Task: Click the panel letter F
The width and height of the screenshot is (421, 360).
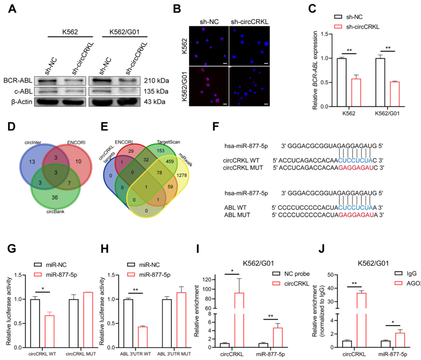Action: coord(215,126)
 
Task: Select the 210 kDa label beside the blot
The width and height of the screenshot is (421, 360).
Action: coord(156,80)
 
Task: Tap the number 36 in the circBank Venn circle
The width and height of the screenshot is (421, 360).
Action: coord(55,198)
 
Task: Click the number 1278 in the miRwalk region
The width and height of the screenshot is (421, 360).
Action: coord(182,175)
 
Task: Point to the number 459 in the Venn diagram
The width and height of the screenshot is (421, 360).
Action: coord(170,161)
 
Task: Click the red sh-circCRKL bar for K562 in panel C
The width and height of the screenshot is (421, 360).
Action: coord(356,93)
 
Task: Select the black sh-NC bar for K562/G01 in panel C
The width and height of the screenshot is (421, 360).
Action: coord(380,82)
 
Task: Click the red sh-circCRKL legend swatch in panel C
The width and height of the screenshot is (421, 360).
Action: coord(338,27)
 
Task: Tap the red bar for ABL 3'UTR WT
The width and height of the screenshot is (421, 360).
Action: coord(143,337)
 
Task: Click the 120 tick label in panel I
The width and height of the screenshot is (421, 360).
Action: coord(207,280)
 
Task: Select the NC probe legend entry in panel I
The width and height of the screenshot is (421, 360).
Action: coord(291,274)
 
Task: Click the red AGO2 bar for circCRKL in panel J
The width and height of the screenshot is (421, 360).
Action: coord(362,320)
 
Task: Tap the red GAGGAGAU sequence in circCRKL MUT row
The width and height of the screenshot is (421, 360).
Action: coord(356,168)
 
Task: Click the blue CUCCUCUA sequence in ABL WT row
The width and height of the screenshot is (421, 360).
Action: coord(356,207)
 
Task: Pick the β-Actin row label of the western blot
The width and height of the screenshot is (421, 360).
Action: coord(22,102)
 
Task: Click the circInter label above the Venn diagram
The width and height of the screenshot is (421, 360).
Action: coord(33,142)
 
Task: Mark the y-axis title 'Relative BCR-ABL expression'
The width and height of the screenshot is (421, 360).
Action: coord(315,70)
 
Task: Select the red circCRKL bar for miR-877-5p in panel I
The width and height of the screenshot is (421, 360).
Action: coord(277,337)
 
